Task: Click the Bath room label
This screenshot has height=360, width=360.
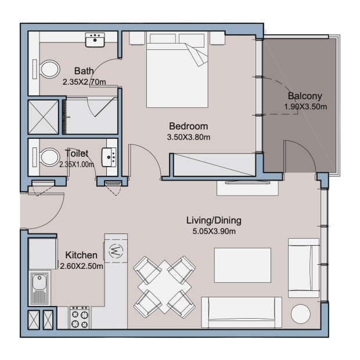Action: (x=84, y=71)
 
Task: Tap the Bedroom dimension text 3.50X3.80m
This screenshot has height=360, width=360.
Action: (x=189, y=137)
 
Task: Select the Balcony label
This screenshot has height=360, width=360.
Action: (x=305, y=96)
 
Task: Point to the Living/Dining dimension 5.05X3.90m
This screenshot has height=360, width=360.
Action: (x=214, y=231)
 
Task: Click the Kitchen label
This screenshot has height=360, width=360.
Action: (x=81, y=255)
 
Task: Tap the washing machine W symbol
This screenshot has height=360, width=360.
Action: (x=116, y=250)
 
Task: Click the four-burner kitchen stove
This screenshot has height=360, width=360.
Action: (x=80, y=318)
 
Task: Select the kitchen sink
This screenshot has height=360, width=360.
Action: (x=39, y=288)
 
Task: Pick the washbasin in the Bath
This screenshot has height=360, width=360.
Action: (x=95, y=40)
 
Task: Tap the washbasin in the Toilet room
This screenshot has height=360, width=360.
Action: (x=109, y=157)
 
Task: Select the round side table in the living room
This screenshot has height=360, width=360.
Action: (x=301, y=314)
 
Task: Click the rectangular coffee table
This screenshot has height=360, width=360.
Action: (x=243, y=265)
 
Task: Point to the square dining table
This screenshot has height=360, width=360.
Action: (x=165, y=287)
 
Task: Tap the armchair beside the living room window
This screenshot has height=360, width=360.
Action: (x=304, y=268)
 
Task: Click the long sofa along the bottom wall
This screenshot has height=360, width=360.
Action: (x=242, y=312)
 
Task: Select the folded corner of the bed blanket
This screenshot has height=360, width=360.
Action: (x=197, y=55)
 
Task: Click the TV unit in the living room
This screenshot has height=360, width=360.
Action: (x=247, y=188)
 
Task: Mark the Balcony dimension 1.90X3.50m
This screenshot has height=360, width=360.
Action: (x=305, y=107)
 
